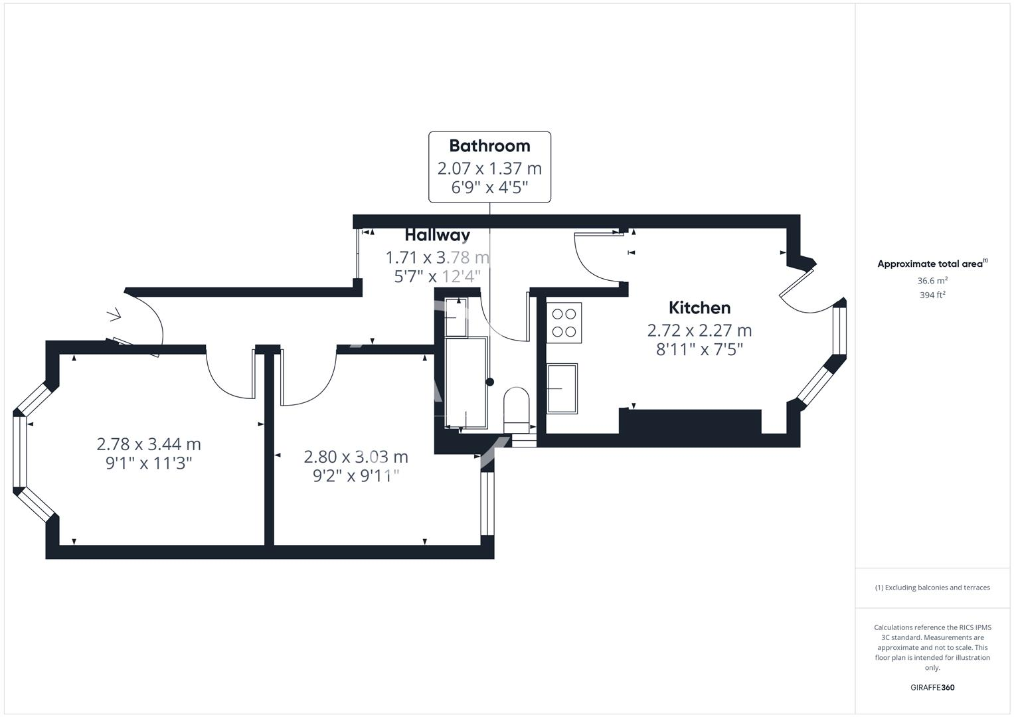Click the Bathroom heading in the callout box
[x=489, y=146]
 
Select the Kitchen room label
[x=699, y=308]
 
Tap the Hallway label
[x=437, y=235]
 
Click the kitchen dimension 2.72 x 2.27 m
[x=699, y=331]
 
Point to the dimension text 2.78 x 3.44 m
[x=149, y=444]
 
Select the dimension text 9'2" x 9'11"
[x=356, y=476]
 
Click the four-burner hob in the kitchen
[x=564, y=323]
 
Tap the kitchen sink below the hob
[x=562, y=388]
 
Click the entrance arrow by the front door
[x=114, y=314]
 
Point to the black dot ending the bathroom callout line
[x=490, y=382]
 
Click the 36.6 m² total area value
[x=932, y=281]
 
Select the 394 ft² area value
[x=932, y=295]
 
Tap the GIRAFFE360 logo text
[x=932, y=687]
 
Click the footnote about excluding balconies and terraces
[x=932, y=588]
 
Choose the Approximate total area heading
[x=932, y=264]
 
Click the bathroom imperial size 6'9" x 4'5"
[x=489, y=188]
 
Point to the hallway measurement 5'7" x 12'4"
[x=437, y=276]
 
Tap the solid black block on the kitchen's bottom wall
[x=690, y=422]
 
